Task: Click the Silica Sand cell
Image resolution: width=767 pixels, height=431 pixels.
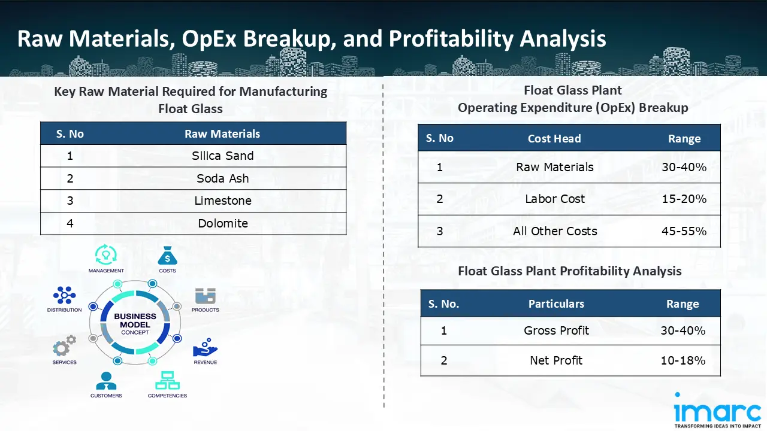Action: tap(222, 156)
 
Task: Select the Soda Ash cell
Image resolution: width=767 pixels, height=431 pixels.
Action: tap(222, 178)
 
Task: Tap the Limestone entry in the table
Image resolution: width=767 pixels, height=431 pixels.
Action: tap(222, 201)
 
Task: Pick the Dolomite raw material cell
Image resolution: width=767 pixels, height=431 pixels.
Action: tap(222, 223)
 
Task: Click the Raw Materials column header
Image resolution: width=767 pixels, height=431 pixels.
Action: tap(222, 133)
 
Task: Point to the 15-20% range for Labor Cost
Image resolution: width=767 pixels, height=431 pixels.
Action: tap(684, 199)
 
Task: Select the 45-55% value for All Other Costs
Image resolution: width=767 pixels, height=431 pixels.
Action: tap(684, 231)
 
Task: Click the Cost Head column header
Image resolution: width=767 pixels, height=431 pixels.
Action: tap(554, 138)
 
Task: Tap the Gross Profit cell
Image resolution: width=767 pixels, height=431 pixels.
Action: tap(556, 330)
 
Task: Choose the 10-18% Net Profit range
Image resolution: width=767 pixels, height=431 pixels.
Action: tap(683, 360)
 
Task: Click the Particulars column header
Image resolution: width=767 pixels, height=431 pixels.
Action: tap(556, 304)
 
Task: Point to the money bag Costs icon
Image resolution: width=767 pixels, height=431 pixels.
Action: tap(167, 256)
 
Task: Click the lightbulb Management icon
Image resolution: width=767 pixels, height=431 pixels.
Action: tap(106, 254)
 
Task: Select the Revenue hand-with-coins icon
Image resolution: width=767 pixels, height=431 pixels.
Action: tap(205, 350)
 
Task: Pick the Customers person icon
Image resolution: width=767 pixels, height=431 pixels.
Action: tap(106, 381)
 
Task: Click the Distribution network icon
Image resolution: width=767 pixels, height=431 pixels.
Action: tap(64, 295)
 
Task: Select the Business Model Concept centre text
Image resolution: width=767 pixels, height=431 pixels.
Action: tap(135, 324)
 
